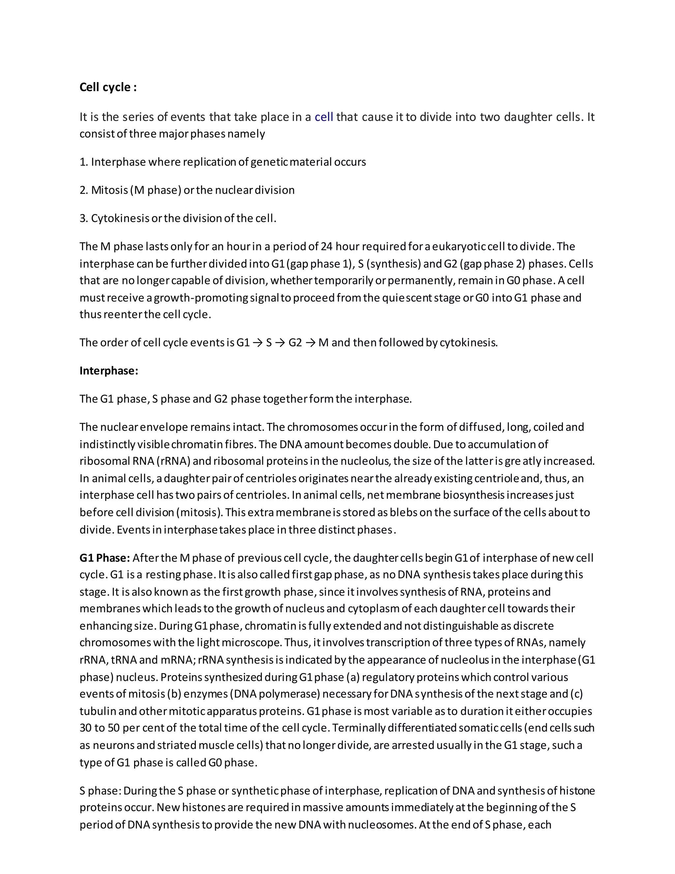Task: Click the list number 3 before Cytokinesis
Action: [83, 218]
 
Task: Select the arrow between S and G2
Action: [280, 343]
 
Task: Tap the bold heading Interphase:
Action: [109, 371]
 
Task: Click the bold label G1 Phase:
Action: [105, 558]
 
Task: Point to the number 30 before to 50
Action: [86, 728]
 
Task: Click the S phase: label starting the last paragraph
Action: [100, 791]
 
